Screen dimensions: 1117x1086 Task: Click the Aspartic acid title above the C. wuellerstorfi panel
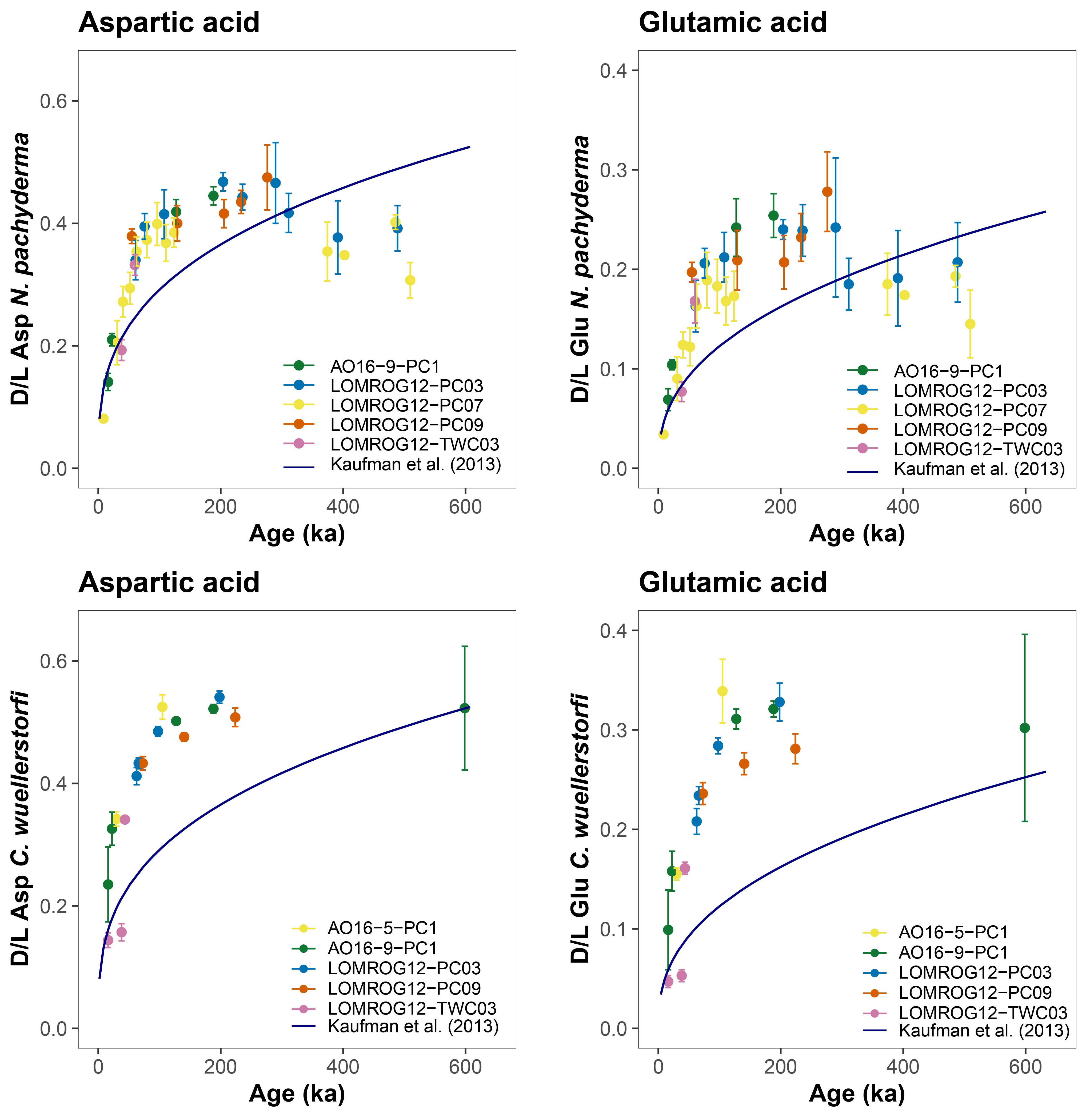click(x=169, y=583)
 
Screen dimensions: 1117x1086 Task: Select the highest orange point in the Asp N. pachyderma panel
click(x=267, y=177)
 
